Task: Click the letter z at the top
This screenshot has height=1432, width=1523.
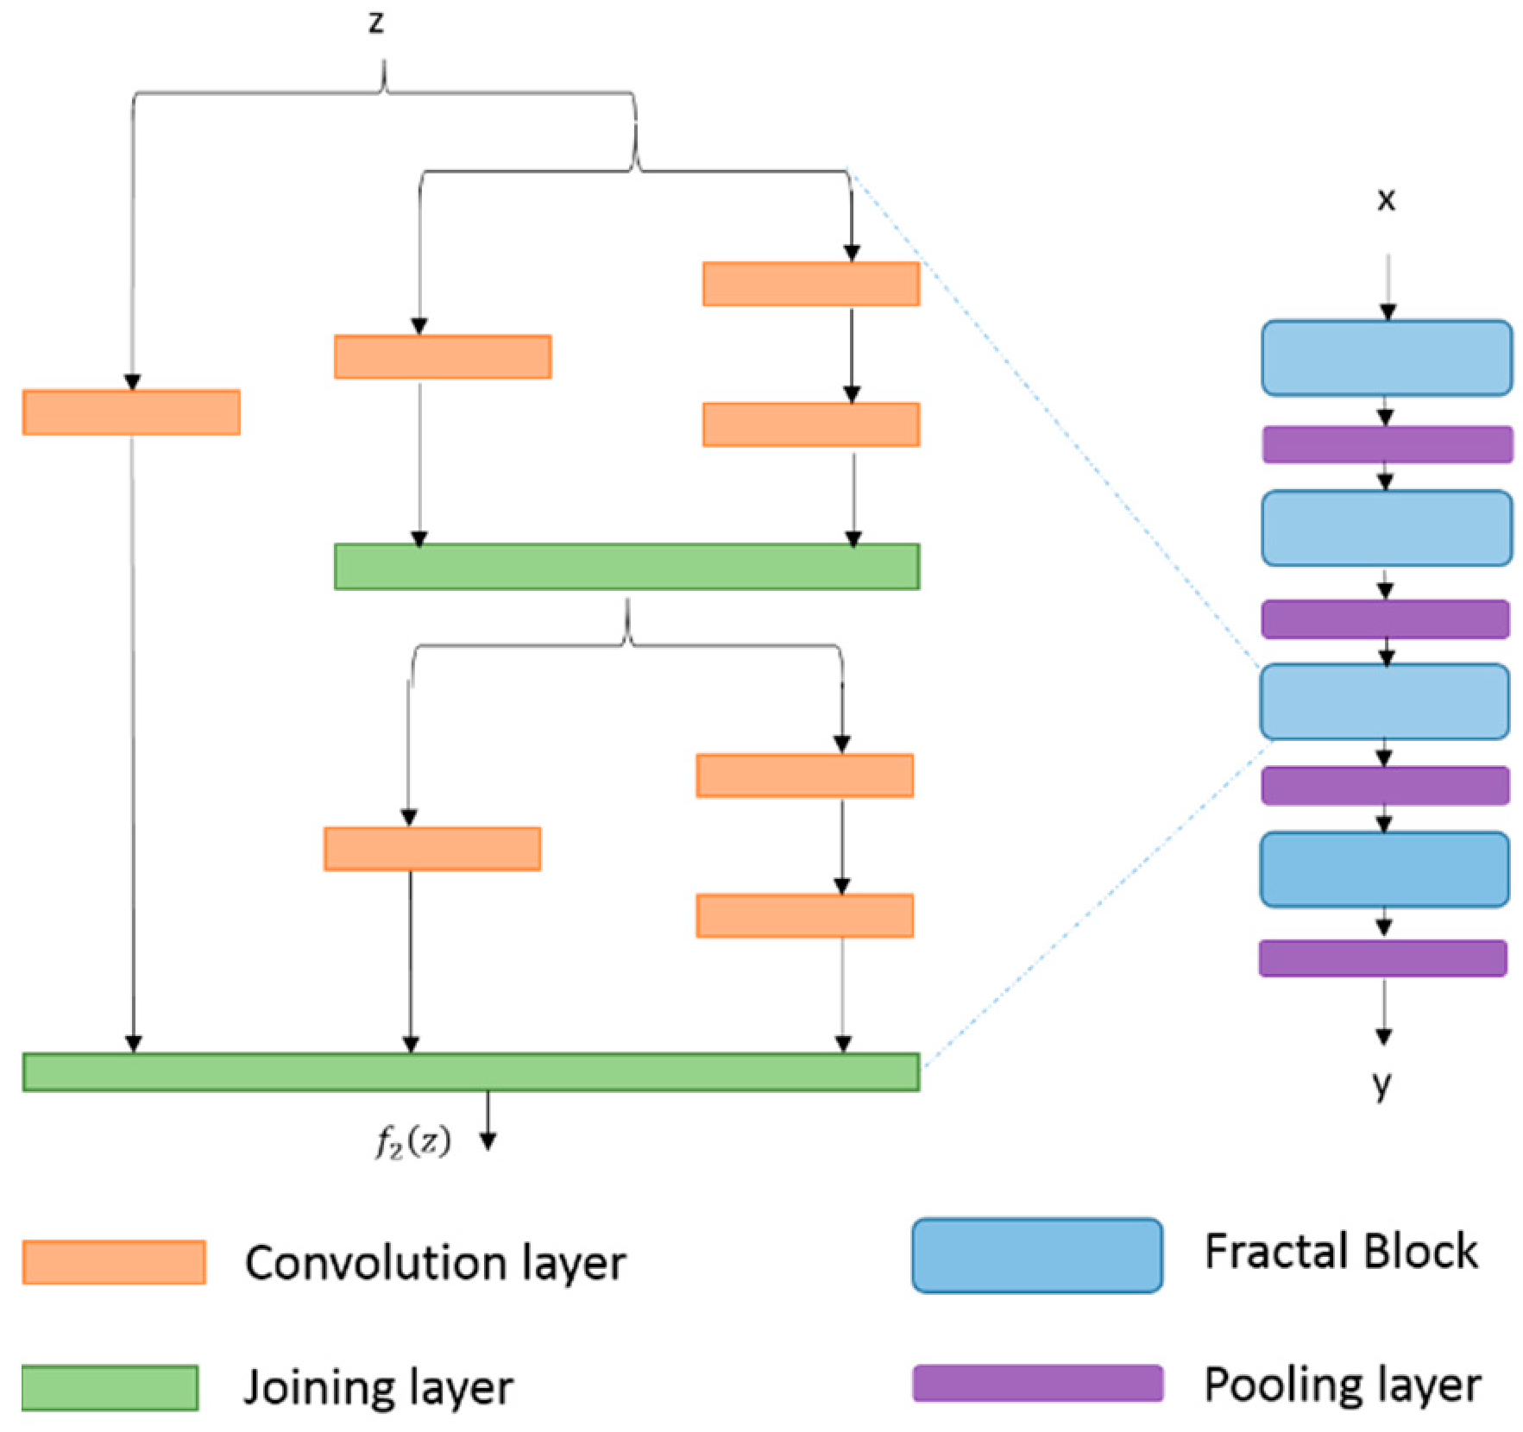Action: point(375,22)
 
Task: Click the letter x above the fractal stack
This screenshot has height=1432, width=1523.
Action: point(1386,200)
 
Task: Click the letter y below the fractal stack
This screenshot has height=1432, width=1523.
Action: point(1382,1085)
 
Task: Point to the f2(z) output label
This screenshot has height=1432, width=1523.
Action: point(412,1142)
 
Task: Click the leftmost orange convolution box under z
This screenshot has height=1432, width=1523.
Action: point(131,412)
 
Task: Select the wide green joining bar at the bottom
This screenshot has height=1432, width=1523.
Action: point(471,1072)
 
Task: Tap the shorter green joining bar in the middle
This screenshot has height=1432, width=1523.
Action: point(627,567)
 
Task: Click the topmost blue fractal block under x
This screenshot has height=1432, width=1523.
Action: point(1387,358)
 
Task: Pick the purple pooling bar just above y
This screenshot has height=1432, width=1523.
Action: point(1383,958)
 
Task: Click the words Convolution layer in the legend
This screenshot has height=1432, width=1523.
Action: point(436,1264)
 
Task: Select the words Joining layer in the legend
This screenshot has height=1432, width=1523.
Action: point(378,1389)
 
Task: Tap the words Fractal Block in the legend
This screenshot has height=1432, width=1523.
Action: point(1341,1252)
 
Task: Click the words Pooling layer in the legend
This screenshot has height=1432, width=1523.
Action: point(1343,1385)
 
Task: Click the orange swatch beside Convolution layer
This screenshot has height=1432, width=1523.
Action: point(114,1262)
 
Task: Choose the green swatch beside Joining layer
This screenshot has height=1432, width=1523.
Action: point(110,1388)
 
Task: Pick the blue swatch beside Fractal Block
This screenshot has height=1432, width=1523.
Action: point(1037,1255)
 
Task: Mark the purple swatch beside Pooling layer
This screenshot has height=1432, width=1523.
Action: point(1038,1383)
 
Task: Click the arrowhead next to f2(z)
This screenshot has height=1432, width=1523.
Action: point(488,1141)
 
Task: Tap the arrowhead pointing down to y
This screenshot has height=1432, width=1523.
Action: point(1383,1036)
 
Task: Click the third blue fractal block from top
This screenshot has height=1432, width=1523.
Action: point(1384,701)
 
